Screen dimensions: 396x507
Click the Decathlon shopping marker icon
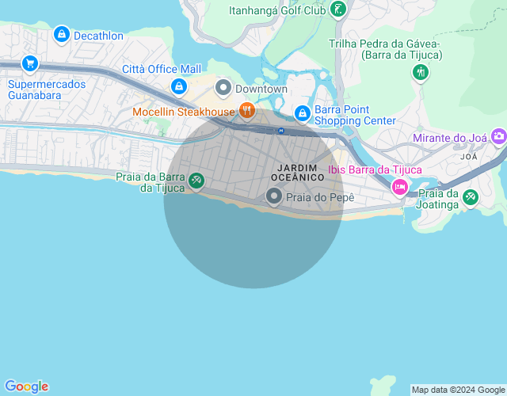[61, 35]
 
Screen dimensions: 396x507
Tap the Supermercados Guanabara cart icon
[30, 63]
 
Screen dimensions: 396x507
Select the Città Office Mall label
[162, 70]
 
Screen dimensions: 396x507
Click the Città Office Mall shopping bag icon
[179, 86]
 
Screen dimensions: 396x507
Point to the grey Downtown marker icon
[223, 88]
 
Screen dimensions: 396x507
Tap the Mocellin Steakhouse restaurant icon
[246, 111]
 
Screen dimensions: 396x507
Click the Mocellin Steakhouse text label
[183, 112]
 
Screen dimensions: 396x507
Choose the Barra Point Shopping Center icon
[302, 114]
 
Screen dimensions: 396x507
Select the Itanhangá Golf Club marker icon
[339, 10]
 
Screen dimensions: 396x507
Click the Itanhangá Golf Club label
[276, 11]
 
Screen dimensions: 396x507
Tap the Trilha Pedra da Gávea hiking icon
[421, 73]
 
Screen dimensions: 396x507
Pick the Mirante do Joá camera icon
[498, 137]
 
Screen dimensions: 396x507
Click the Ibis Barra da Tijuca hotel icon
[400, 187]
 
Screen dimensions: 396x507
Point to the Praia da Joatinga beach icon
[471, 197]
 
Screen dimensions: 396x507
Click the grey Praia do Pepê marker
[274, 196]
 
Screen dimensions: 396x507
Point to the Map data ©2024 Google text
[458, 390]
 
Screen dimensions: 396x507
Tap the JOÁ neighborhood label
[470, 157]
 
